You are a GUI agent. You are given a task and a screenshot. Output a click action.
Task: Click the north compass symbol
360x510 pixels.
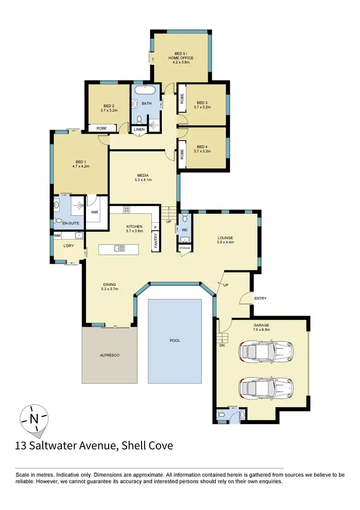(x=34, y=418)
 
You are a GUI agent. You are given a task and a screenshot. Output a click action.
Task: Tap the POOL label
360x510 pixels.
(x=175, y=340)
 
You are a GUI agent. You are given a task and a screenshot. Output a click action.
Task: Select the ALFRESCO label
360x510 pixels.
(x=109, y=355)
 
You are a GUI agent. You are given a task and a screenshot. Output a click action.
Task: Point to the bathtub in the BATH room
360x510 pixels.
(x=144, y=90)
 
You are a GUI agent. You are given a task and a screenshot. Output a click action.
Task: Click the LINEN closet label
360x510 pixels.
(x=139, y=130)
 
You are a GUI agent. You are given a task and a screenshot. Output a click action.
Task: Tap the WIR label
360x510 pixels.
(x=95, y=211)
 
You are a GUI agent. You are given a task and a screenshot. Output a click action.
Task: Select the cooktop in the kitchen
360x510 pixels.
(x=127, y=209)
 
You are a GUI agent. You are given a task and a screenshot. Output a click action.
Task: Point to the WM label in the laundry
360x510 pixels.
(x=58, y=236)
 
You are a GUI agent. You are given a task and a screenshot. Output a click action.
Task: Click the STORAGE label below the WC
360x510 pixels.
(x=184, y=248)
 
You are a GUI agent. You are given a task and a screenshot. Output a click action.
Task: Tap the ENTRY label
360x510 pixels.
(x=260, y=298)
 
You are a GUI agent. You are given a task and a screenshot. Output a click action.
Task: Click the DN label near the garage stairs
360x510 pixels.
(x=222, y=345)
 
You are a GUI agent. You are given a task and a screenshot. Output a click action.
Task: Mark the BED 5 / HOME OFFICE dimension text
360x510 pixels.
(x=180, y=62)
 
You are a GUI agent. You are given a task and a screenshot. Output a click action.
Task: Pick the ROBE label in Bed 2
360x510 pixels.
(x=101, y=128)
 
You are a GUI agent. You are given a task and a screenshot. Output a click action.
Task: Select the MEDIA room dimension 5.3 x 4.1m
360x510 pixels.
(x=143, y=180)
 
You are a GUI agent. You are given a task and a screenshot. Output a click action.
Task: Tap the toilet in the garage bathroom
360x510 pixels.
(x=221, y=414)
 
